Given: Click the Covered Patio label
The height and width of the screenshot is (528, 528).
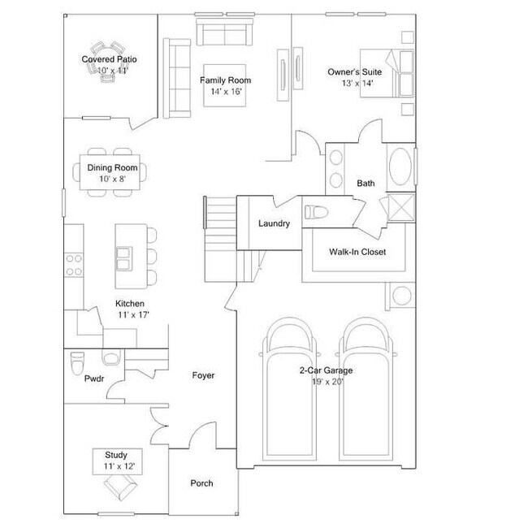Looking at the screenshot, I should [109, 59].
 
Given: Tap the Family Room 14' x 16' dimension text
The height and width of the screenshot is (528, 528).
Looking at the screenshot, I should [225, 92].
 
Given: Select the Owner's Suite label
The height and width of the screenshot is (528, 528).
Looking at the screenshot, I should [354, 72].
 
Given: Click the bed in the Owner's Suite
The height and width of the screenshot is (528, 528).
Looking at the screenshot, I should [392, 73].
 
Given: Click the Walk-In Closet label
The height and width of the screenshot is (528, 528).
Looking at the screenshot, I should [357, 252].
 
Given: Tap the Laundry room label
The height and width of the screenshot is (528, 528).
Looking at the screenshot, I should [274, 223].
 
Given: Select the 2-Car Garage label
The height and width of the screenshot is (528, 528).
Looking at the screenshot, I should [325, 370].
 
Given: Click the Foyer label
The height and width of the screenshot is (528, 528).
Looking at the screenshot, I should [203, 375].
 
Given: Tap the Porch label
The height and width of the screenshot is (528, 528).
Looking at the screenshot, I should [201, 483].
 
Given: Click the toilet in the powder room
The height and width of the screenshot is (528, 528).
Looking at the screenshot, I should [78, 357].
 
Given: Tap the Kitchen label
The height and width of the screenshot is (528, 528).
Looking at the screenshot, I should [130, 304].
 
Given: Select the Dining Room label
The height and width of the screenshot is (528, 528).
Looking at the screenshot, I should [113, 168].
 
